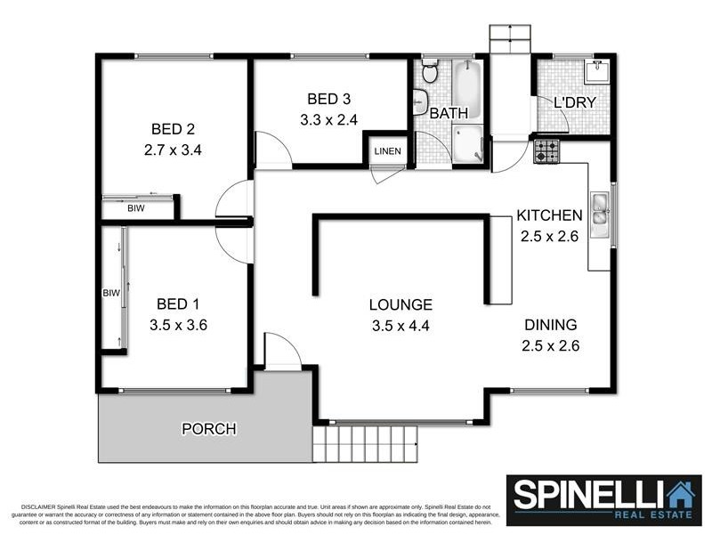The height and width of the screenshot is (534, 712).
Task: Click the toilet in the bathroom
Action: [x=430, y=71]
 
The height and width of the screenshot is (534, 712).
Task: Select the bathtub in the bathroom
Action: [x=466, y=89]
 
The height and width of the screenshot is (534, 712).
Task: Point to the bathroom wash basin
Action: [x=420, y=102]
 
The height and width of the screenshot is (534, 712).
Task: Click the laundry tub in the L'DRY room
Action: [x=594, y=70]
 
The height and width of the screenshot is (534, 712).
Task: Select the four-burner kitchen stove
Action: [x=546, y=151]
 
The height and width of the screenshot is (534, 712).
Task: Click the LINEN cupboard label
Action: [x=387, y=150]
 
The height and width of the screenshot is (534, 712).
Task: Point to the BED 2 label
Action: [x=173, y=129]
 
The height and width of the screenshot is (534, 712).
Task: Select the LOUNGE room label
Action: [x=400, y=304]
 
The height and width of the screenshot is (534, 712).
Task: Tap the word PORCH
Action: [x=209, y=429]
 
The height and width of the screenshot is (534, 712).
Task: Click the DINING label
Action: [x=550, y=325]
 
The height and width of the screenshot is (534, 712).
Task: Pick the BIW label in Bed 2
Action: [x=136, y=209]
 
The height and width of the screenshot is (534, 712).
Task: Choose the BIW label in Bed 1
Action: [x=111, y=293]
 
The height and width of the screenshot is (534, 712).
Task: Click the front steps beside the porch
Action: [x=365, y=442]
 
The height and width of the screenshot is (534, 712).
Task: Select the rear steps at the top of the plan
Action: [x=509, y=39]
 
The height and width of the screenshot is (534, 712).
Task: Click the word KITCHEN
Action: [x=550, y=215]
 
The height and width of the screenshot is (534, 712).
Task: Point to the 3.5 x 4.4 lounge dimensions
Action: [x=400, y=326]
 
